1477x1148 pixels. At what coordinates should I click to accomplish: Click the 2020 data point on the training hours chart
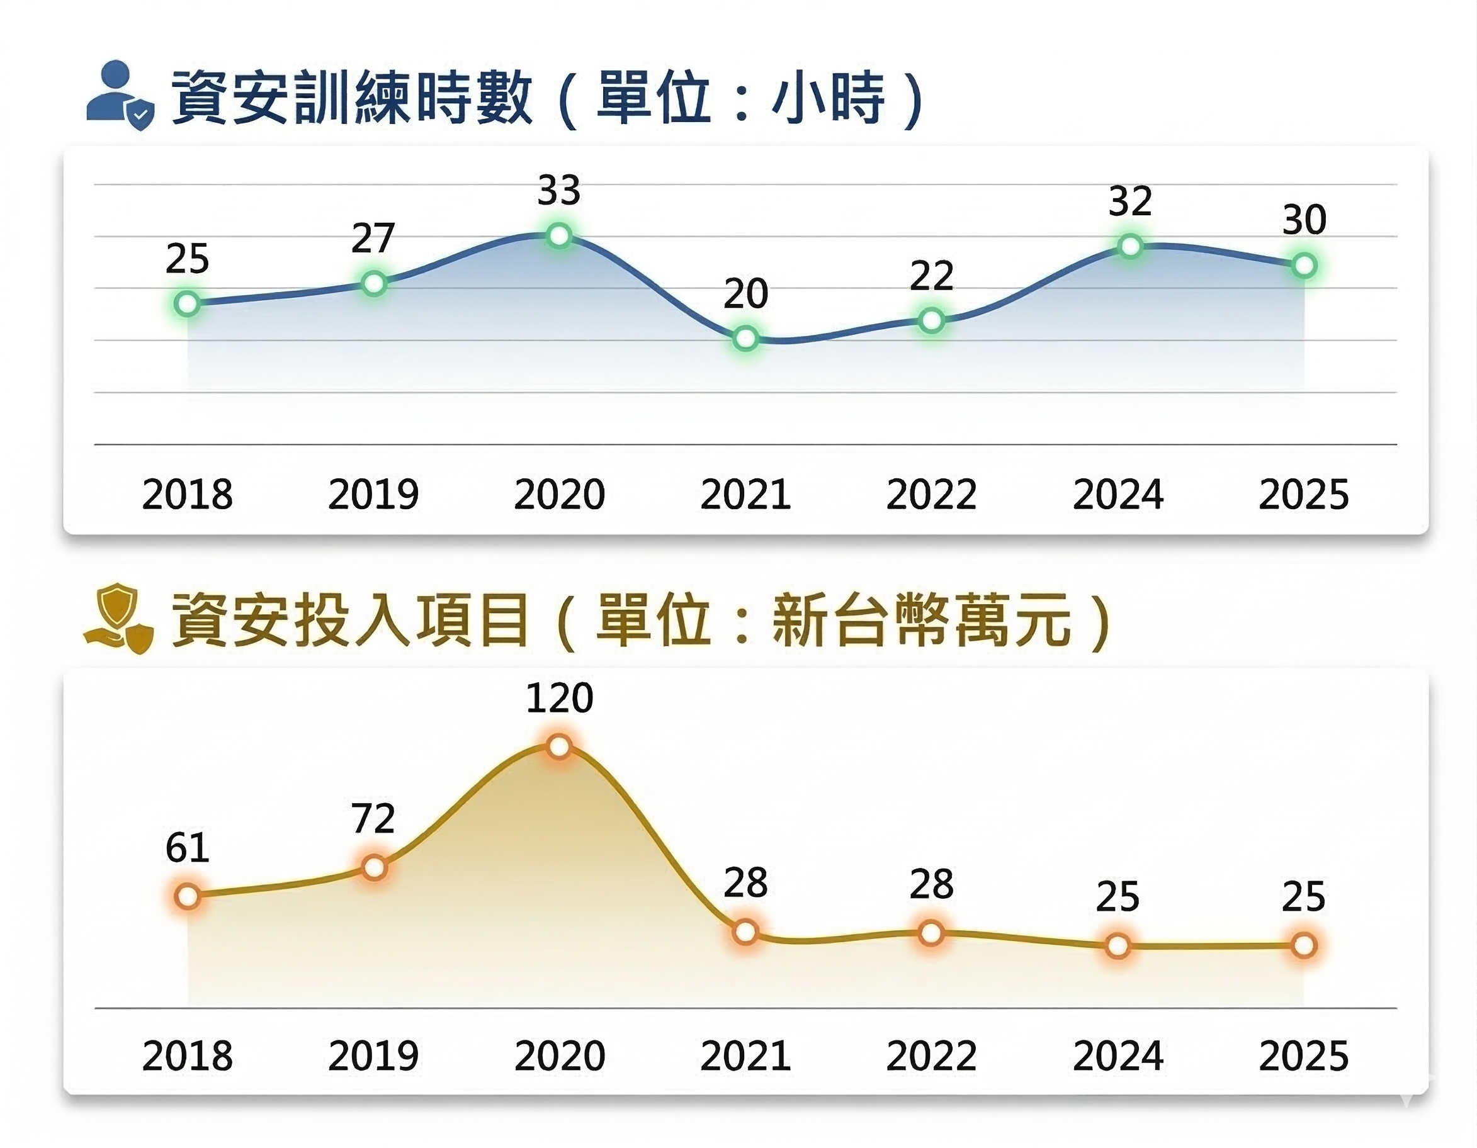(x=559, y=235)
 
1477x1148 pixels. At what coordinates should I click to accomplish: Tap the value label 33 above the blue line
(x=559, y=191)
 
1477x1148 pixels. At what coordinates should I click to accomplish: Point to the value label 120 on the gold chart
(x=559, y=698)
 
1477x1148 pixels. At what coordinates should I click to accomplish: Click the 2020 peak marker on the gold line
(x=559, y=746)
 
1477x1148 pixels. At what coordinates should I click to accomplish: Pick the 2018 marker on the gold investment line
(x=188, y=896)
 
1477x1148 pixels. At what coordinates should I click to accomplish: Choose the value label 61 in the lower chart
(x=188, y=847)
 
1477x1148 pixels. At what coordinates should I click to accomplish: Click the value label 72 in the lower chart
(x=373, y=818)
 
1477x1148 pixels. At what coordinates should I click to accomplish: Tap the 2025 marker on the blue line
(x=1304, y=266)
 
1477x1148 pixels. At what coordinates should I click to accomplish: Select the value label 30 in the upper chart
(x=1304, y=220)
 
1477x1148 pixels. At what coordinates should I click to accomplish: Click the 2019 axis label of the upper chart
(x=373, y=494)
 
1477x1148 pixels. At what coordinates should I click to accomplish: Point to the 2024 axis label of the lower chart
(x=1118, y=1056)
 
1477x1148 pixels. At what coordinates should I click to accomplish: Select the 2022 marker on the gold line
(x=931, y=933)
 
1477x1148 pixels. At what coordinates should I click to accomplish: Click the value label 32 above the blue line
(x=1130, y=201)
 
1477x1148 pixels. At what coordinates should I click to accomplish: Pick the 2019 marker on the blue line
(x=373, y=284)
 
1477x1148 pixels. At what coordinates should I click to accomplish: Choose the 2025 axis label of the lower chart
(x=1304, y=1056)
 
